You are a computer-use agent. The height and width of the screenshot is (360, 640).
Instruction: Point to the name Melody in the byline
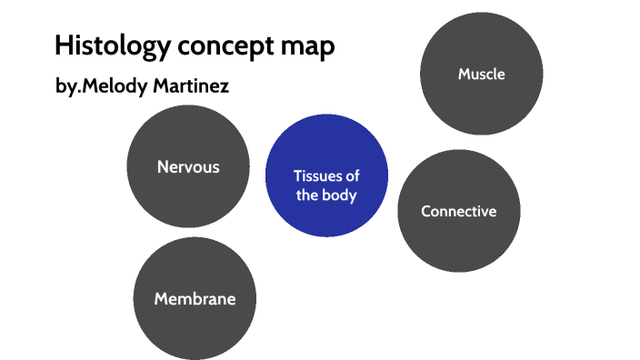pyautogui.click(x=121, y=87)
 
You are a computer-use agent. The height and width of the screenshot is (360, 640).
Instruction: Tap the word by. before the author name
pyautogui.click(x=70, y=87)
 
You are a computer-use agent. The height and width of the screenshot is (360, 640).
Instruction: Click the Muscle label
pyautogui.click(x=481, y=74)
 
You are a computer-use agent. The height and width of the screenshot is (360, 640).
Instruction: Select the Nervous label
pyautogui.click(x=188, y=166)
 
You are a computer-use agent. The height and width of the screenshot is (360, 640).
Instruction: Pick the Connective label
pyautogui.click(x=459, y=211)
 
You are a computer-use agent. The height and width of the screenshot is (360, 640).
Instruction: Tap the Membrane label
pyautogui.click(x=195, y=298)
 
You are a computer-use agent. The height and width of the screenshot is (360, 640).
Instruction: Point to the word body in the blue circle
pyautogui.click(x=339, y=195)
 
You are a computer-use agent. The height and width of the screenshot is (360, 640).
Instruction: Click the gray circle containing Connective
pyautogui.click(x=459, y=241)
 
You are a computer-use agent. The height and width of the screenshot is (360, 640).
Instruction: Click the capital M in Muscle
pyautogui.click(x=464, y=74)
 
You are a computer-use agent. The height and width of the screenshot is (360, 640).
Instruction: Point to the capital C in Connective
pyautogui.click(x=425, y=211)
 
